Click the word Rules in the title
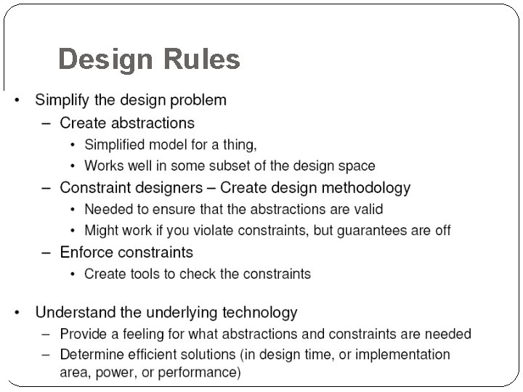[x=203, y=60]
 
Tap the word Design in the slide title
[x=106, y=60]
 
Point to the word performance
[x=206, y=373]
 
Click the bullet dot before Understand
[x=17, y=314]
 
